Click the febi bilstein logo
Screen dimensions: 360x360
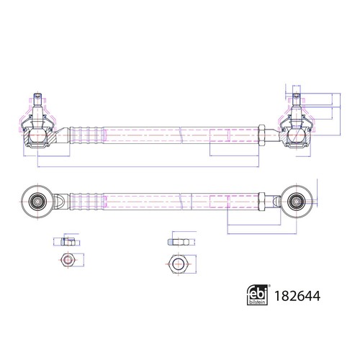pos(257,295)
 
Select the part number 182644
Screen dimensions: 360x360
pos(297,296)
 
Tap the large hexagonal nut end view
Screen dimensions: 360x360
pos(179,264)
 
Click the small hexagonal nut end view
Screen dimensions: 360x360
pos(68,260)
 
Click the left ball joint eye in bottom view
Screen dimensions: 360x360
pos(37,202)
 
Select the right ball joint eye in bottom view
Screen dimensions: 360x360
pos(297,202)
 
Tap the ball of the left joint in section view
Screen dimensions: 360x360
pos(37,135)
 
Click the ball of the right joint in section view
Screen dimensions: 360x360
pos(297,135)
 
